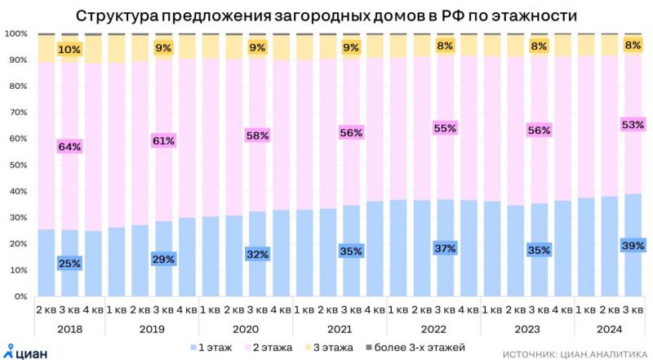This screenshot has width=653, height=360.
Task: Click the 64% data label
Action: click(69, 147)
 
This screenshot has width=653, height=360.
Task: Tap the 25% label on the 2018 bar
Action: click(69, 263)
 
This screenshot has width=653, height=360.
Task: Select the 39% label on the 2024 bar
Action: click(633, 245)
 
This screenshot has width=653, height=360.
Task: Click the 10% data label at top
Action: click(69, 50)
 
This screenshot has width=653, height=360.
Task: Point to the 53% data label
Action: click(633, 125)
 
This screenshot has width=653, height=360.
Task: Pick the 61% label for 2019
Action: click(163, 141)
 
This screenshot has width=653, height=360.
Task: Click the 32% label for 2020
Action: click(257, 254)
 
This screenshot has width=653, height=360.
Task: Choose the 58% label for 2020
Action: click(257, 136)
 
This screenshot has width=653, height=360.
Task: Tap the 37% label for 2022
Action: click(446, 248)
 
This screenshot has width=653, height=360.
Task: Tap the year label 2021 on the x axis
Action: click(340, 328)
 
